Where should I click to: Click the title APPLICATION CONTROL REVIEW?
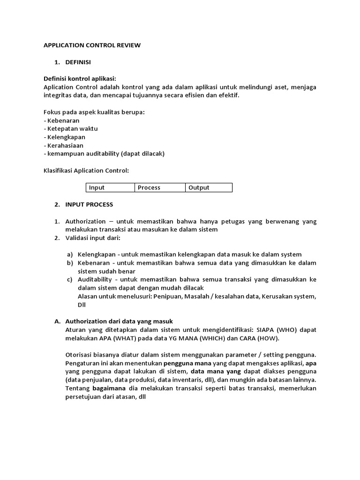92,45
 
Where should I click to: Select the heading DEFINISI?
78,62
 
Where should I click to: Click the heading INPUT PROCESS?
89,204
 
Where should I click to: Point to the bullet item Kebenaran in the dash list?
63,120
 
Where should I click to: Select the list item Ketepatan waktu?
72,129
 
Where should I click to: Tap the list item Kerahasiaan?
65,146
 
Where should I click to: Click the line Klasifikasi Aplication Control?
86,171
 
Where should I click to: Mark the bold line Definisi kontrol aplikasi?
79,78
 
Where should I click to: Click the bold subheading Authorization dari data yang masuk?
119,321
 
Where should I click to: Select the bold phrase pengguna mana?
187,363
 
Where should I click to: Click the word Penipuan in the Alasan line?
165,296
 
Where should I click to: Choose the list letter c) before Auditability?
69,279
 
